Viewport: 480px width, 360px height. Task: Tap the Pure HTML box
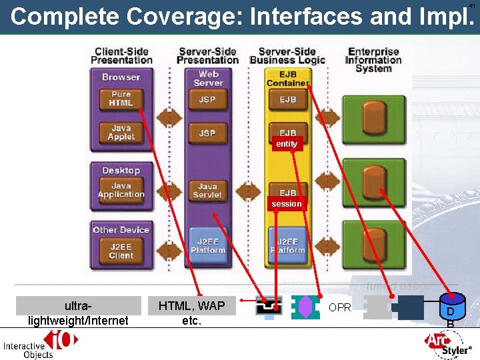(x=121, y=99)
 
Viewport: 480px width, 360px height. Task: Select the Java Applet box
(x=121, y=133)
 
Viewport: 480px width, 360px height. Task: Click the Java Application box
(x=121, y=190)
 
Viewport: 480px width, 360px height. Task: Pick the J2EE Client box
(x=121, y=251)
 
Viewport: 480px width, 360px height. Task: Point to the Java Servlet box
(x=207, y=191)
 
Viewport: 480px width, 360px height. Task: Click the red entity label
(x=286, y=144)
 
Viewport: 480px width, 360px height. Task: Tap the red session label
(x=286, y=203)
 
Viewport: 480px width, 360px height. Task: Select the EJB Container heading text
(x=288, y=78)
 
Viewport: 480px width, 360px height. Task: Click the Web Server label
(x=208, y=78)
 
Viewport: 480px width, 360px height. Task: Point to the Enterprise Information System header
(x=373, y=60)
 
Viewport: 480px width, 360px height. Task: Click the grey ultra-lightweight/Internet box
(x=78, y=313)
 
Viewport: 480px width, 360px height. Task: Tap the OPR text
(x=339, y=308)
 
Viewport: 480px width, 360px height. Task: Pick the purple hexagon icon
(x=305, y=307)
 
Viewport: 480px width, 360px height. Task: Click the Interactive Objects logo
(x=41, y=344)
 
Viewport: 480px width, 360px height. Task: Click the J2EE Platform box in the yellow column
(x=287, y=245)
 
